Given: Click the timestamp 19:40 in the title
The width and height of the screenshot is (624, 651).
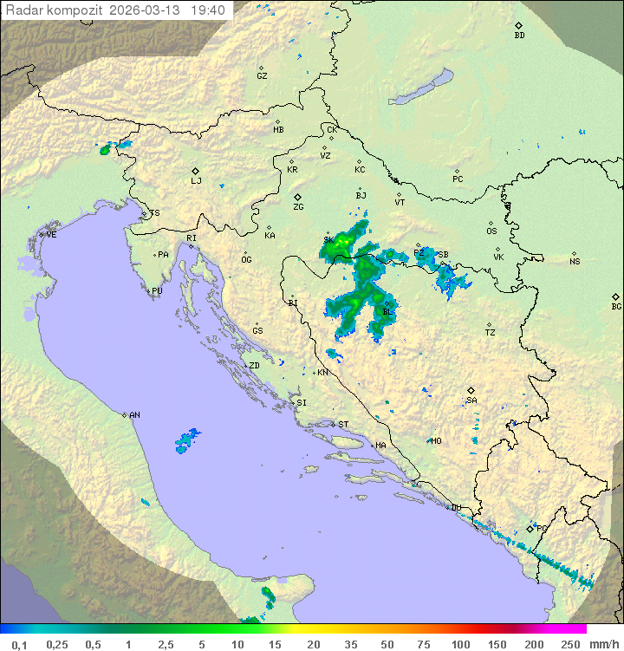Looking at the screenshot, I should (209, 10).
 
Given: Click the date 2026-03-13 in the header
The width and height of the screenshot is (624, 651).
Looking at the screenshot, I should (153, 10).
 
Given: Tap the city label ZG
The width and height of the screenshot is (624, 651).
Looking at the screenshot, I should (298, 207).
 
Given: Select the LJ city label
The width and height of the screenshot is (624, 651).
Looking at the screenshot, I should (196, 180).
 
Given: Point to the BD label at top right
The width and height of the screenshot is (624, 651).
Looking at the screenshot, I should (519, 36).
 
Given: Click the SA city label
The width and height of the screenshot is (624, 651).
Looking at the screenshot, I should (471, 400).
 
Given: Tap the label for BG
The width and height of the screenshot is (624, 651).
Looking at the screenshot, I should (616, 306).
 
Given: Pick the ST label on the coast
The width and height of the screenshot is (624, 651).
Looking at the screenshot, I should (343, 425).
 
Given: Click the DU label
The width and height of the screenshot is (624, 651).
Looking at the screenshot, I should (456, 508).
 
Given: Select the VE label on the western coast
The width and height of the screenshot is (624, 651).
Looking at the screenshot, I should (51, 235).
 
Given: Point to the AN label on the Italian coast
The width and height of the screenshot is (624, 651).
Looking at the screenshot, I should (134, 415).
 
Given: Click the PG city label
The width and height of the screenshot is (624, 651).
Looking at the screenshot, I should (543, 528).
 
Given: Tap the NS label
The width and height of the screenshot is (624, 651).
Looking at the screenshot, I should (575, 262).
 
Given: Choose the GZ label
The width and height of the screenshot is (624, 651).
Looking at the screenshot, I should (262, 76).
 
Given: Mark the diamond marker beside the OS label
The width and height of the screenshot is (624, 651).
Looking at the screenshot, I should (491, 223).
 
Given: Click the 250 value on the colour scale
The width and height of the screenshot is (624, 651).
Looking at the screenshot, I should (569, 644).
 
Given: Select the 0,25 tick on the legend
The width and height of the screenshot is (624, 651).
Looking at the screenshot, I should (57, 644).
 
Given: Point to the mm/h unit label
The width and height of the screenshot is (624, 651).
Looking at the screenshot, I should (601, 644).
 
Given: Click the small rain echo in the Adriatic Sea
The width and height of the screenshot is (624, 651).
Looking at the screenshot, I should (186, 441).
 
